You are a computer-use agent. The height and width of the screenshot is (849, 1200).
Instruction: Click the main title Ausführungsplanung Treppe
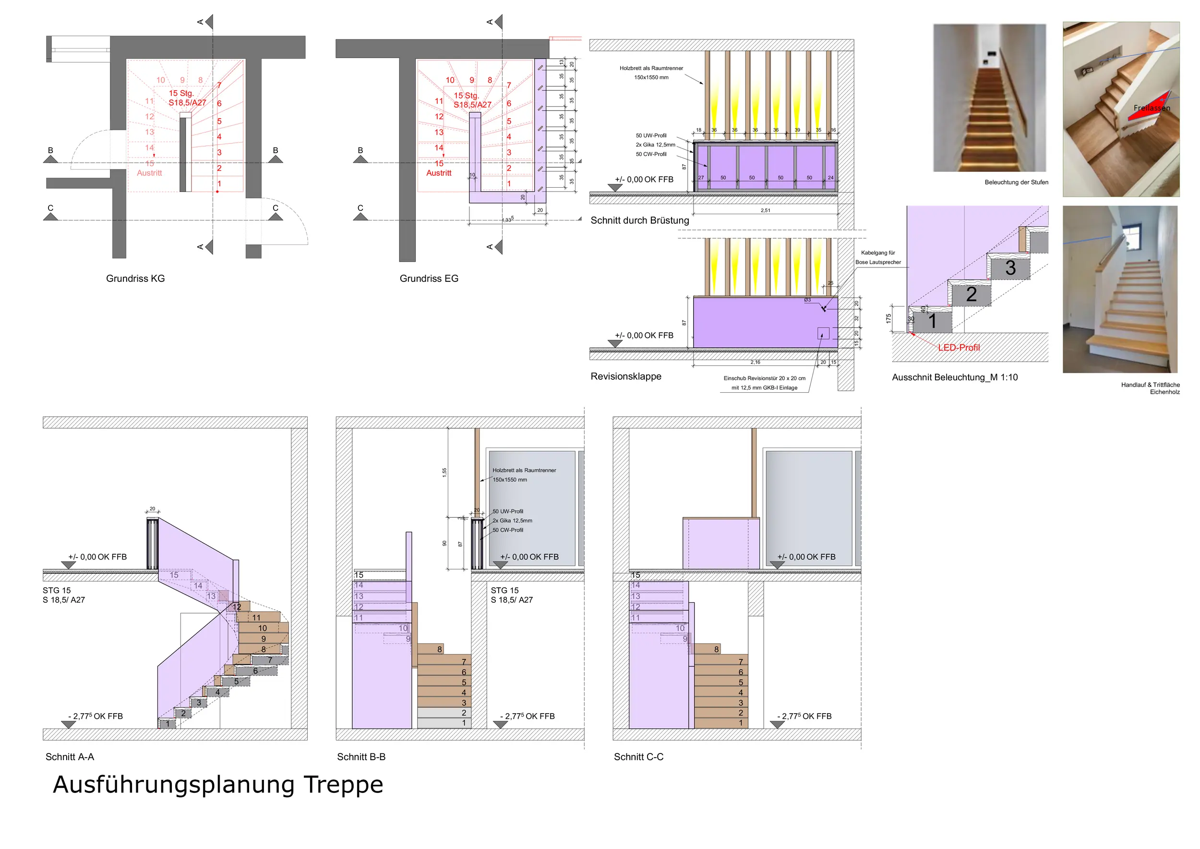218,785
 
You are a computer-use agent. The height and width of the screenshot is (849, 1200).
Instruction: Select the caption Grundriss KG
135,279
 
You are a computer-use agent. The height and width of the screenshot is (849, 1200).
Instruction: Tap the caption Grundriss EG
429,279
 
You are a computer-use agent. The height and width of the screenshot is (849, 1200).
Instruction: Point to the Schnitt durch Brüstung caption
639,220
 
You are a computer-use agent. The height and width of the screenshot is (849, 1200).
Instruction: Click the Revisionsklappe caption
625,376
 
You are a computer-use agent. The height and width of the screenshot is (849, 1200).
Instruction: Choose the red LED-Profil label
959,348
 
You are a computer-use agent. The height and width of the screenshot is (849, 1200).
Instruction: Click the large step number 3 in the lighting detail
1010,268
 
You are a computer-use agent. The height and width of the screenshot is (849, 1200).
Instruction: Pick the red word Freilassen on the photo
1152,108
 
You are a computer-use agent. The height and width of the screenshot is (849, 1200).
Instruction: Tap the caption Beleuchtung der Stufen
1016,182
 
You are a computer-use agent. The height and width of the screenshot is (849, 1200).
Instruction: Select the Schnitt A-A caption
70,757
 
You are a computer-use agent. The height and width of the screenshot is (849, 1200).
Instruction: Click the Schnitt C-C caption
638,757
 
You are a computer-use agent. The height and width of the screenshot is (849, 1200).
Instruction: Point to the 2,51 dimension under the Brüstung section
765,211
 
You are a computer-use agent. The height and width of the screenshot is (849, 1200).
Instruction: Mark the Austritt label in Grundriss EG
439,173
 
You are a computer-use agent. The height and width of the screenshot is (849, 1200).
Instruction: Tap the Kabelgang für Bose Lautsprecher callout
878,258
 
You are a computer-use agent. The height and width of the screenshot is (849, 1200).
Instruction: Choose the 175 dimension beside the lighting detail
888,318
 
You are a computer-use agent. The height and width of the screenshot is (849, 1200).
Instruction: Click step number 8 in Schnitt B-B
440,650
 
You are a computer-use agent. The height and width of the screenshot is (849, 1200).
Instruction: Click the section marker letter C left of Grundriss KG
51,208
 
